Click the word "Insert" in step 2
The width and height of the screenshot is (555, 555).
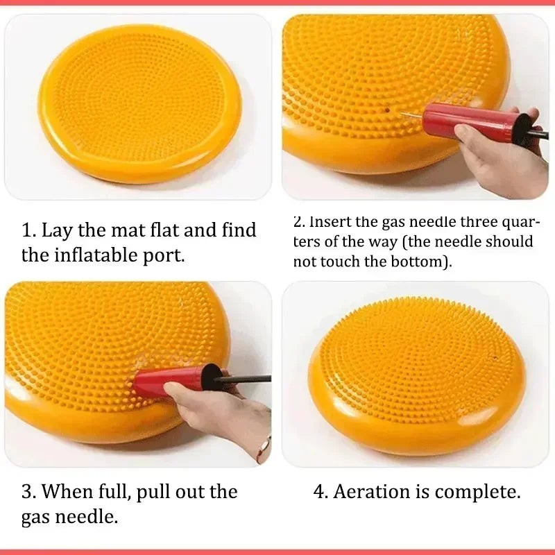[x=332, y=222]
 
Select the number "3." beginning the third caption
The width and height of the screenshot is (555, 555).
[x=28, y=492]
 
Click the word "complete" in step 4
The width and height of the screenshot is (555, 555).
[x=481, y=492]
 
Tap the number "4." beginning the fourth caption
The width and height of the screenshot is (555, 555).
[x=321, y=492]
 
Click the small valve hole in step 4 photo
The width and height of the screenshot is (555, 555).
[x=495, y=358]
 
